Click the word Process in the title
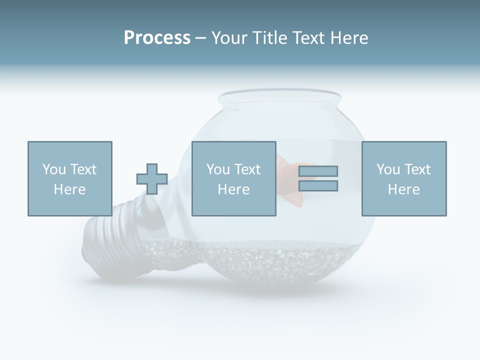coord(157,38)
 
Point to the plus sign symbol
coord(152,178)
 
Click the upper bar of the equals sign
coord(318,171)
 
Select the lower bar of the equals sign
coord(318,186)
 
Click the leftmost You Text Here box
coord(69,178)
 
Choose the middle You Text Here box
coord(233,178)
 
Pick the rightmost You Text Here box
coord(403,178)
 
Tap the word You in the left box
coord(54,169)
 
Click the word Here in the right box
coord(403,189)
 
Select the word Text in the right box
coord(416,169)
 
